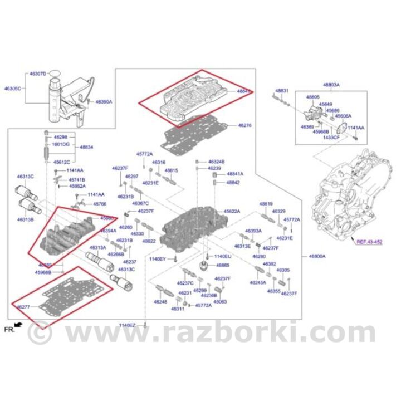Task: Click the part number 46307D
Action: click(x=38, y=74)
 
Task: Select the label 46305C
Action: click(x=13, y=89)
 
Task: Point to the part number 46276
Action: click(x=245, y=126)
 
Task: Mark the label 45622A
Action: click(x=232, y=212)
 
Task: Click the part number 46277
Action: click(x=23, y=307)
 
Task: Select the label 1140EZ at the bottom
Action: click(x=127, y=325)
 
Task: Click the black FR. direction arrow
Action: click(x=19, y=324)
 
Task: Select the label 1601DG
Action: click(x=61, y=144)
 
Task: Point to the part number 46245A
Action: click(x=258, y=282)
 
